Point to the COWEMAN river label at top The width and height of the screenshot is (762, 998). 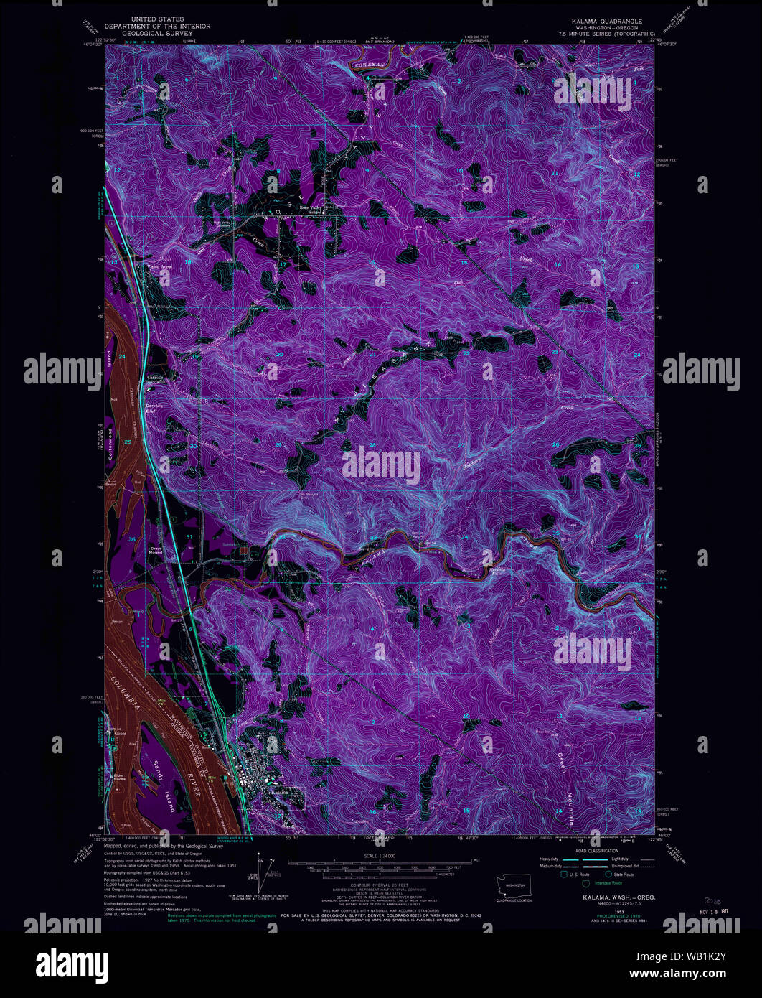coord(370,65)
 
